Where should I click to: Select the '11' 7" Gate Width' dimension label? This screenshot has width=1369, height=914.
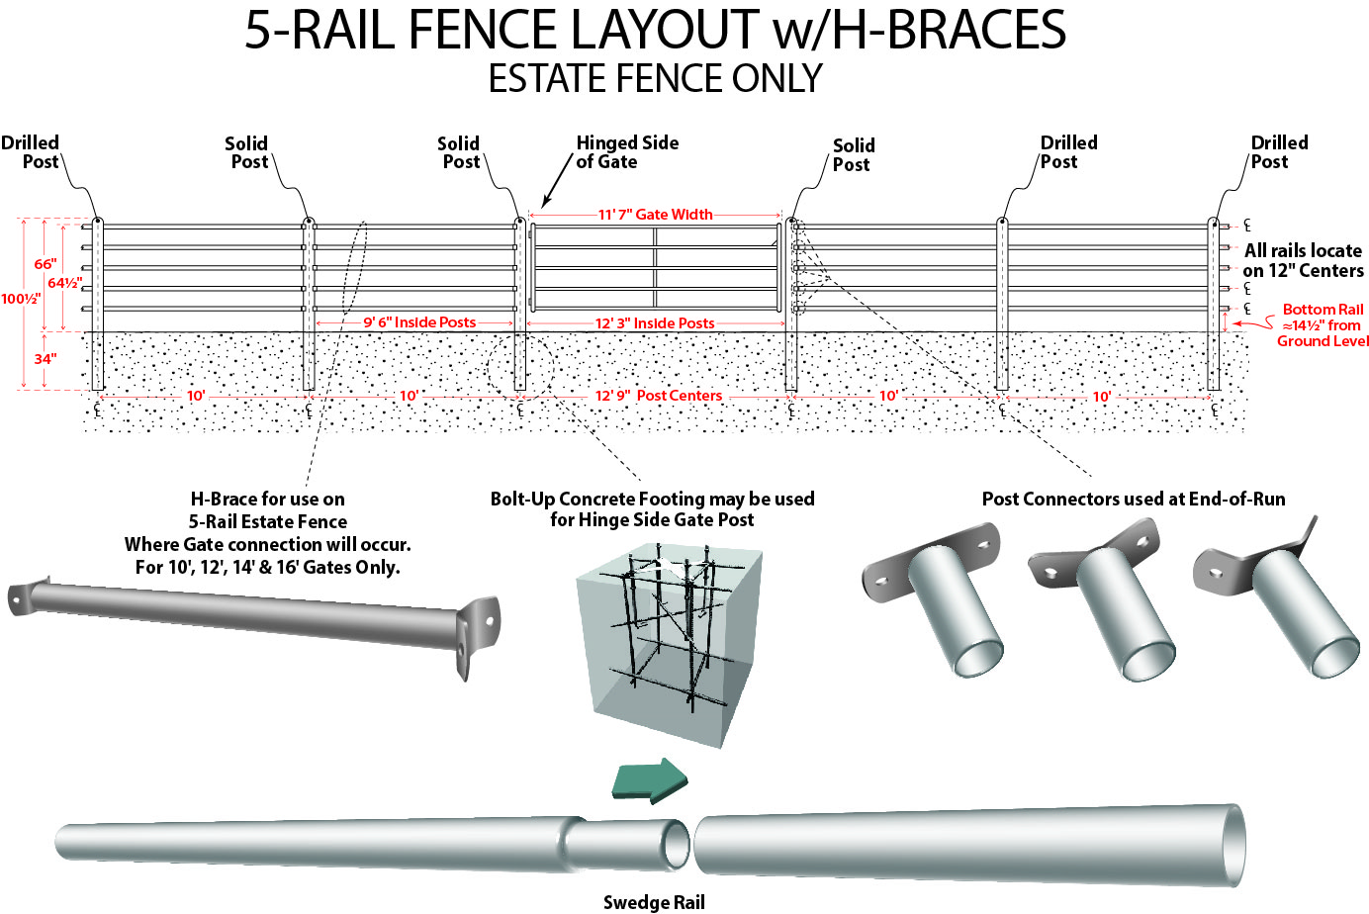click(655, 215)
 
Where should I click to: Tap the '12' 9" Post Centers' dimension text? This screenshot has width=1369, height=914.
click(658, 396)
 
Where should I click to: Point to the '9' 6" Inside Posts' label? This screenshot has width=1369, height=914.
click(419, 322)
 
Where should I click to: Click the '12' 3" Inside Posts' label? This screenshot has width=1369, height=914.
click(654, 323)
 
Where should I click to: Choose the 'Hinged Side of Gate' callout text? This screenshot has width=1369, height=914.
click(626, 152)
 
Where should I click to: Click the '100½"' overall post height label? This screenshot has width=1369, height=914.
click(21, 299)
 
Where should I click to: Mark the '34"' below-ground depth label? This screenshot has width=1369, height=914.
click(46, 359)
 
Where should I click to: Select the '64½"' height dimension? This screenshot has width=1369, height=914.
click(65, 283)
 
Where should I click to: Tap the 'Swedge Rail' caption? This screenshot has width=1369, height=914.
click(654, 902)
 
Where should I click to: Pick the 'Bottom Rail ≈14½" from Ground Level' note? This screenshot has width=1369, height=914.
click(1323, 325)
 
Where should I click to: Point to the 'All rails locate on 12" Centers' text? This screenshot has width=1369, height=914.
click(1303, 261)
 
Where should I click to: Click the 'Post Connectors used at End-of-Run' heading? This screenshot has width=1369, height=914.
click(1134, 499)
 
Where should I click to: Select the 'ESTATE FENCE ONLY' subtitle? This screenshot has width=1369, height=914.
click(655, 79)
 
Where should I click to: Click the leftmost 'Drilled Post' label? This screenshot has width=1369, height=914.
click(31, 152)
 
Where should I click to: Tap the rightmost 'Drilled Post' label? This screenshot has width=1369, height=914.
click(1278, 152)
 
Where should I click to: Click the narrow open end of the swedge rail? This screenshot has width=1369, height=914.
click(675, 844)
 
